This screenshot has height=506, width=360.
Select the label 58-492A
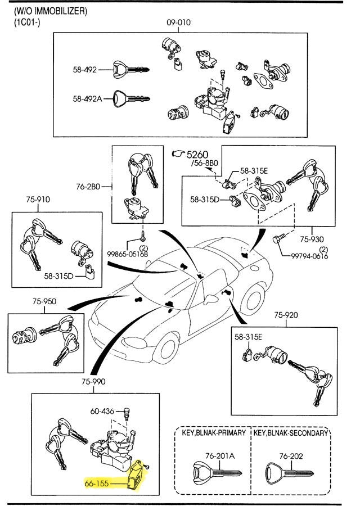pos(87,98)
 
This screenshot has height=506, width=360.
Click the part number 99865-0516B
pos(128,254)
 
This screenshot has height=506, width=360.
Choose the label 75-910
pos(38,199)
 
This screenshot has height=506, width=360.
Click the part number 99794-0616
pos(309,255)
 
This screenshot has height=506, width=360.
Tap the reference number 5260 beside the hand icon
pos(197,154)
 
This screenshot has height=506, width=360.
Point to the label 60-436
pos(102,411)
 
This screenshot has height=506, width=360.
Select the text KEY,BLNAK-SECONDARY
pos(290,433)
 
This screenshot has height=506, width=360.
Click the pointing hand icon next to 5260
pos(178,153)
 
